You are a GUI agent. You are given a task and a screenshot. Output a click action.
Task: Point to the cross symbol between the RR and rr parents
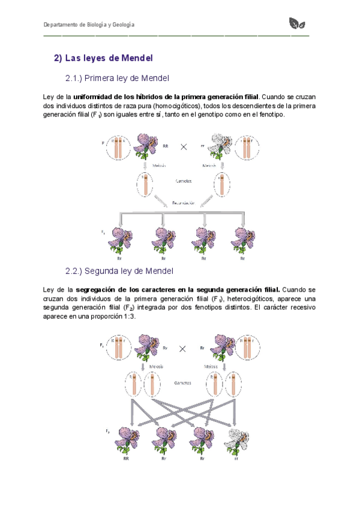(184, 146)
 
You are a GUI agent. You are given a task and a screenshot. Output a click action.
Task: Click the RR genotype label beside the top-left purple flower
(166, 145)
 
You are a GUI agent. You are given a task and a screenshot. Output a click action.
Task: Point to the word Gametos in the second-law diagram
(184, 381)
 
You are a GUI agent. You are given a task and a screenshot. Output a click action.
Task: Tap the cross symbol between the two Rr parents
(183, 347)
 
